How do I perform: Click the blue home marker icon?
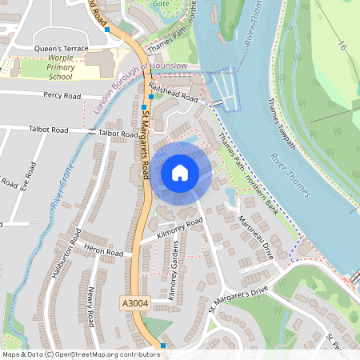180,173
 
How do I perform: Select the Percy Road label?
62,95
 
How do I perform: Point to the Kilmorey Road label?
176,227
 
